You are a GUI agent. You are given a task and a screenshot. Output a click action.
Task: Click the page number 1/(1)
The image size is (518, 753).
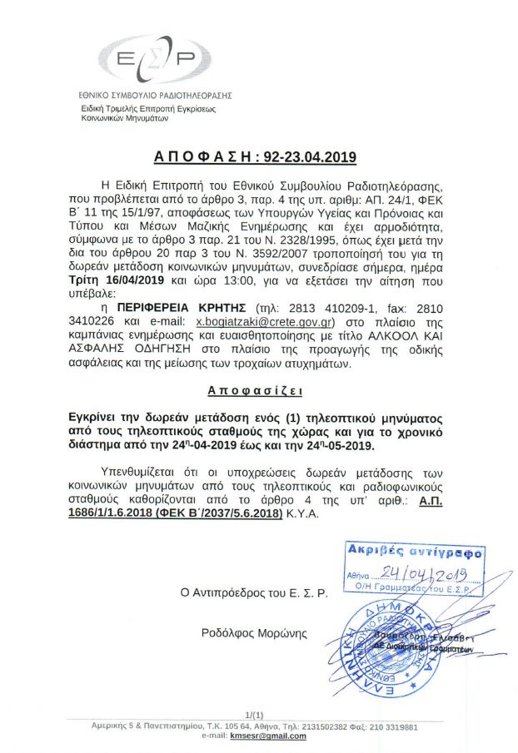(255, 715)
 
